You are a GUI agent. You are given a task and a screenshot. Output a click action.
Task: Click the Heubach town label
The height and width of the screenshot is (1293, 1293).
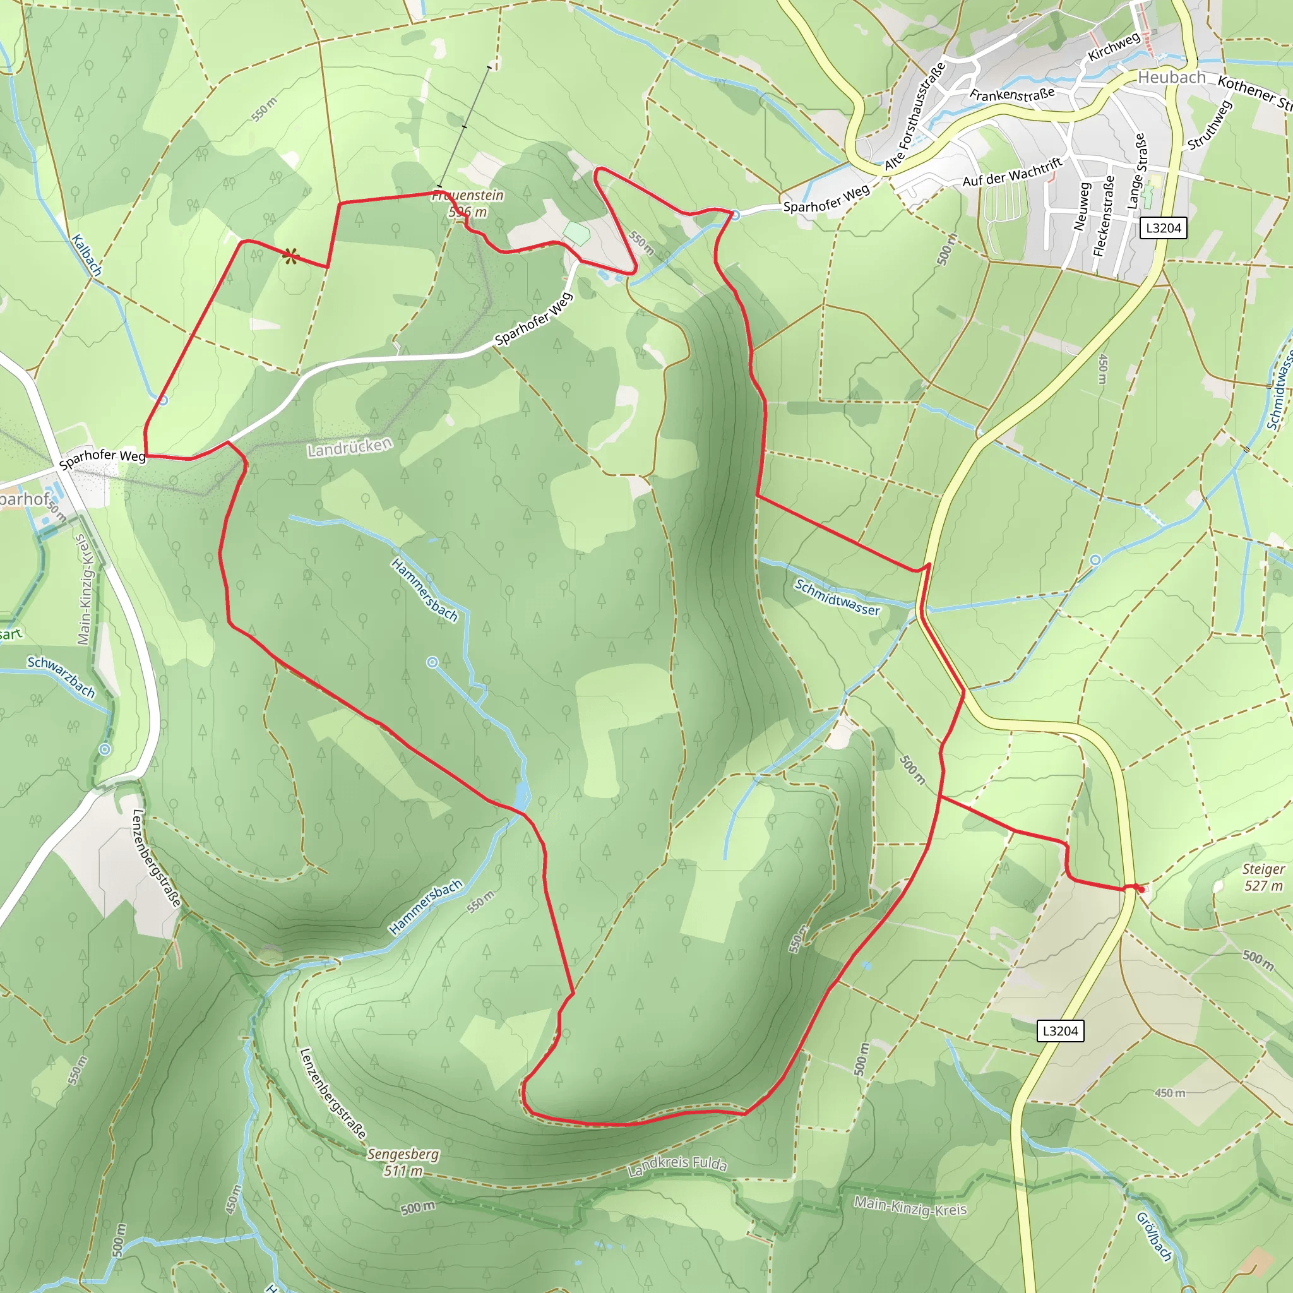click(x=1171, y=78)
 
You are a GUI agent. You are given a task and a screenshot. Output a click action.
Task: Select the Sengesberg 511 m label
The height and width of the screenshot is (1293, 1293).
click(x=403, y=1162)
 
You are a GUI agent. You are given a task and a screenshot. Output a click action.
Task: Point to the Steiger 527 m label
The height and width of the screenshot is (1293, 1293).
click(x=1263, y=878)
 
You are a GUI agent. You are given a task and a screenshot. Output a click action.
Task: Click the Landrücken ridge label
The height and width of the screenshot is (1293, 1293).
click(x=349, y=447)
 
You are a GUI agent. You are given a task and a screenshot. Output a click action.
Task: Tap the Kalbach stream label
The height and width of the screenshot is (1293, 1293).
click(x=87, y=255)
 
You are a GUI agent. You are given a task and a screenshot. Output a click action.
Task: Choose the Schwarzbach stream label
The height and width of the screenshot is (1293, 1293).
click(x=61, y=677)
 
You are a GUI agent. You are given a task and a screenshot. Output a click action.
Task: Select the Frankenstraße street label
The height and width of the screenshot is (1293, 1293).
click(x=1012, y=94)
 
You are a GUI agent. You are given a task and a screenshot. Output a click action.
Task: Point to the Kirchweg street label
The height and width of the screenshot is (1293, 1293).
click(x=1114, y=47)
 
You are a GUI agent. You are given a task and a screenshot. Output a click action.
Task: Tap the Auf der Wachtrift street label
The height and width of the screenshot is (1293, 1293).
click(x=1012, y=172)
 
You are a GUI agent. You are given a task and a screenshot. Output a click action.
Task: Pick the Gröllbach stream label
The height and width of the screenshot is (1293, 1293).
click(x=1155, y=1236)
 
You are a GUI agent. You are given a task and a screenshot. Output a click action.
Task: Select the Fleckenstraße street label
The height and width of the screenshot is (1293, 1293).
click(x=1104, y=216)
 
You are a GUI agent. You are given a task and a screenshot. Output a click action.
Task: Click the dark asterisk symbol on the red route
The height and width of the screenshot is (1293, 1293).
click(x=290, y=256)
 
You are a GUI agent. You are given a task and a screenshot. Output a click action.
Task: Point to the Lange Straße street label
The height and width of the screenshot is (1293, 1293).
click(x=1136, y=170)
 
